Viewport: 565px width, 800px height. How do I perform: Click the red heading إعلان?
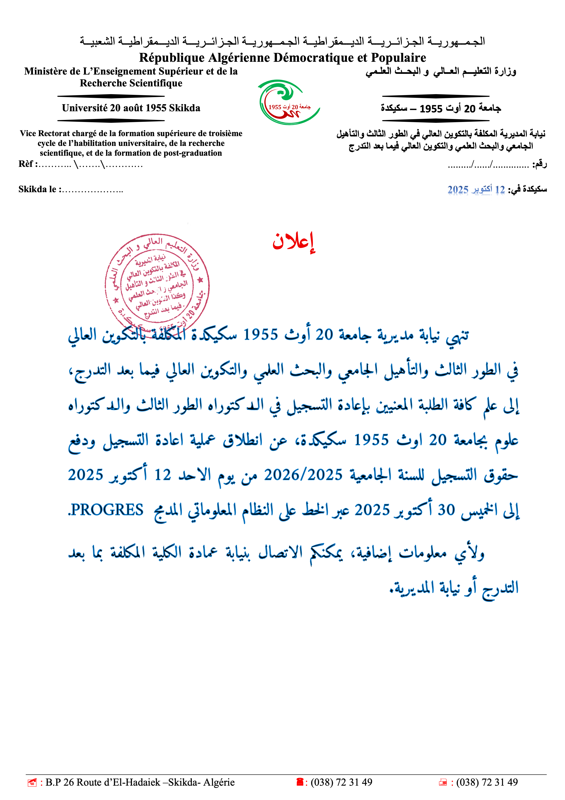click(x=293, y=241)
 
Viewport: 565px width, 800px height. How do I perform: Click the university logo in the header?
click(x=289, y=102)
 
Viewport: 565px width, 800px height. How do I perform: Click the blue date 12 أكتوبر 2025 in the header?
click(x=476, y=189)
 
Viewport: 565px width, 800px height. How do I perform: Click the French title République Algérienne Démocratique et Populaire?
click(x=282, y=57)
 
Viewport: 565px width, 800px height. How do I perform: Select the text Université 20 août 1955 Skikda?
click(x=131, y=108)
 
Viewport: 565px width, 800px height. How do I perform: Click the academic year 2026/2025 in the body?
click(x=303, y=475)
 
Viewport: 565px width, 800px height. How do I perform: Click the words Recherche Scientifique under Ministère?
click(x=131, y=83)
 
